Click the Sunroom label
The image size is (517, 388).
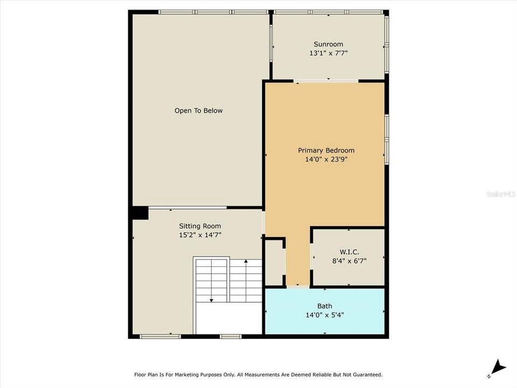328,44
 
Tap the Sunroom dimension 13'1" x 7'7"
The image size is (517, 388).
328,53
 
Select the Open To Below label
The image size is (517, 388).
198,110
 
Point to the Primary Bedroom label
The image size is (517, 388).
326,150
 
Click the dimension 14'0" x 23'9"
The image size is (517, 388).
326,159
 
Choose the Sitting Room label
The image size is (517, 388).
200,226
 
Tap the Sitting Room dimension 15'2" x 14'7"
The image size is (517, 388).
200,234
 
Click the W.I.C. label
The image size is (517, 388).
349,252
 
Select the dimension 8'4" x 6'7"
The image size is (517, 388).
349,260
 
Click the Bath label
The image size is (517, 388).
324,306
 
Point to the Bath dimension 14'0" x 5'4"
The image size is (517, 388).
324,315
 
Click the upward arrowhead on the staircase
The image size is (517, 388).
246,261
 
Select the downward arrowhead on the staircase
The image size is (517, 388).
212,300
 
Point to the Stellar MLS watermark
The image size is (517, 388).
501,193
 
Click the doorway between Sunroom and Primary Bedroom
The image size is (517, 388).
327,81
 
